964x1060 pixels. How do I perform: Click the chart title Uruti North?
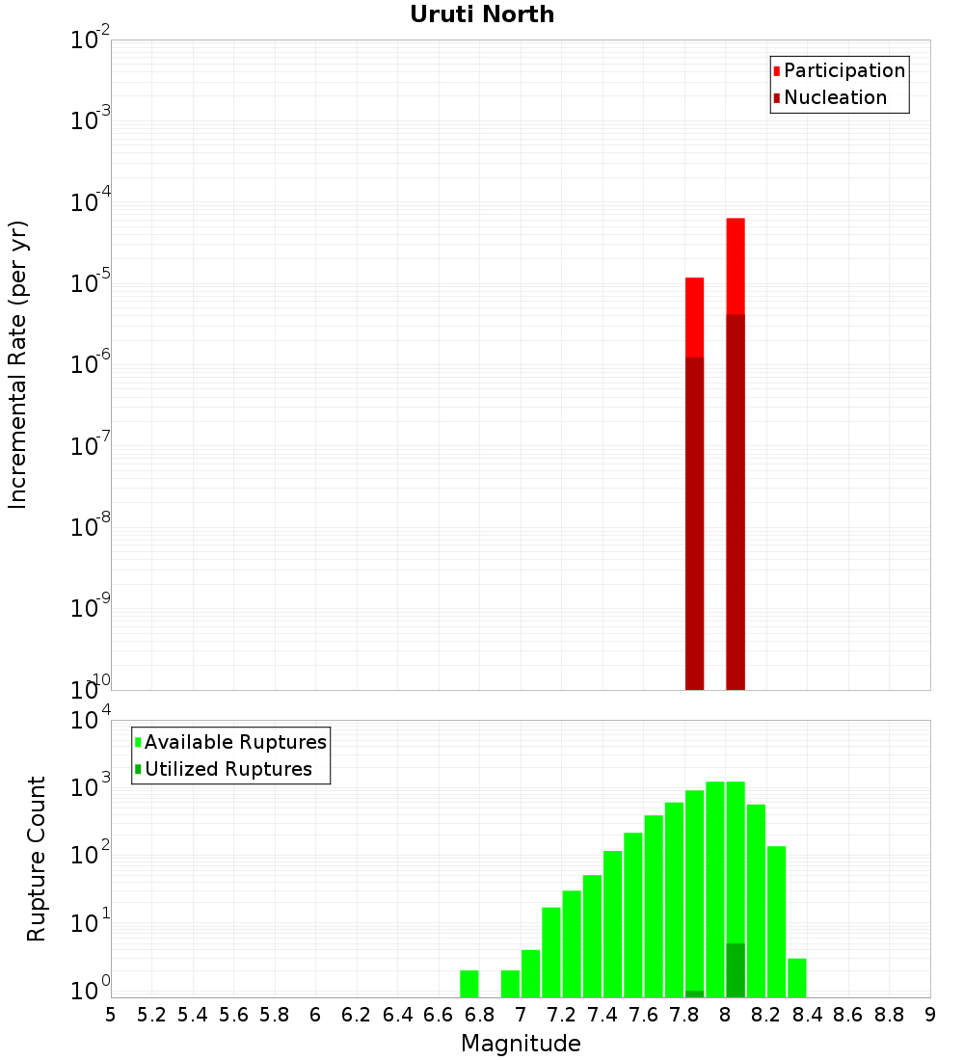pos(482,14)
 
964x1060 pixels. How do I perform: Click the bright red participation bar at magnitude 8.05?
pos(736,265)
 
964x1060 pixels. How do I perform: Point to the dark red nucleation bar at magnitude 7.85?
pos(694,520)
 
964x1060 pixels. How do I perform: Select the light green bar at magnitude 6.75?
pos(469,984)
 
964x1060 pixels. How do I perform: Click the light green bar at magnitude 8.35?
pos(797,978)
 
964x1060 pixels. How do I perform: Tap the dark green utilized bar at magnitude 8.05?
pos(736,970)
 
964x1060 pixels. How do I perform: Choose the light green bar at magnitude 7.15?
pos(551,952)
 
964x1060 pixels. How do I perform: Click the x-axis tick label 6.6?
pos(439,1015)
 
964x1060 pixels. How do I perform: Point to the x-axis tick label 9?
pos(930,1015)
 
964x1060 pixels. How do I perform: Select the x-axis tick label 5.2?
pos(151,1015)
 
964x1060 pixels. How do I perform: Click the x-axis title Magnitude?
pos(521,1044)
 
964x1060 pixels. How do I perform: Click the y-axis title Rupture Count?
pos(37,859)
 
